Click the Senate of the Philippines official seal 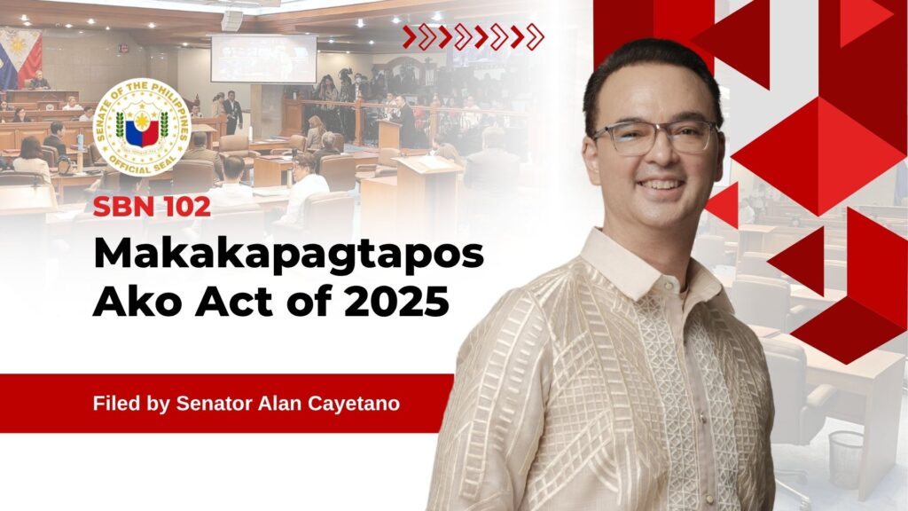pyautogui.click(x=142, y=128)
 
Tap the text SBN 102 pyautogui.click(x=152, y=207)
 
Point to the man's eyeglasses pyautogui.click(x=654, y=138)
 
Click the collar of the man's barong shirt pyautogui.click(x=648, y=272)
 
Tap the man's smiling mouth pyautogui.click(x=660, y=185)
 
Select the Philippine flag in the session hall pyautogui.click(x=20, y=58)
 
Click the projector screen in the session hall pyautogui.click(x=263, y=59)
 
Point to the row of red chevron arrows pyautogui.click(x=474, y=37)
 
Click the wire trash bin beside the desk pyautogui.click(x=846, y=460)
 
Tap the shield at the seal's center pyautogui.click(x=142, y=128)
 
